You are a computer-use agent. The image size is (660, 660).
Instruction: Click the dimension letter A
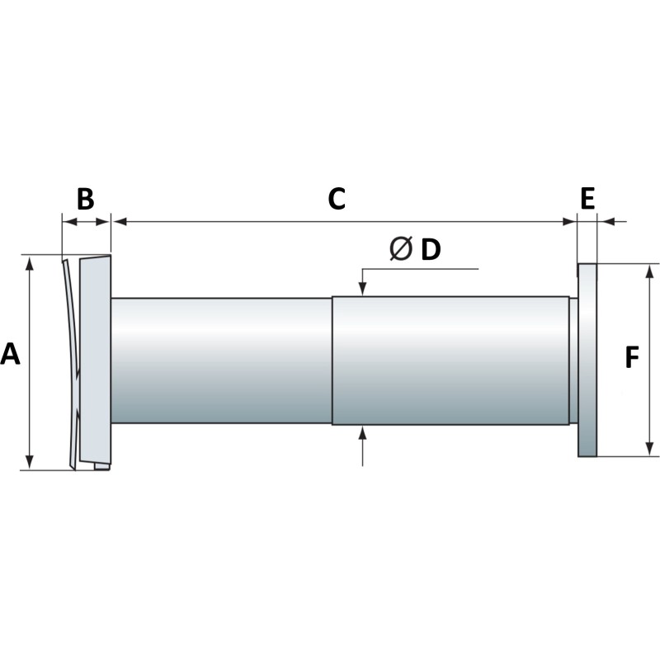point(11,354)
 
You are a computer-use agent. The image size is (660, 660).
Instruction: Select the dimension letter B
point(86,200)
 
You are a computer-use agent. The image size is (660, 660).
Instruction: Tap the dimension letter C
point(336,200)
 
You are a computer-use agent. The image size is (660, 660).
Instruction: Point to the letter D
point(431,249)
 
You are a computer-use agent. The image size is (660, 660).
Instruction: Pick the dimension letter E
point(587,199)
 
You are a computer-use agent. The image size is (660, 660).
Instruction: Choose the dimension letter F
point(632,358)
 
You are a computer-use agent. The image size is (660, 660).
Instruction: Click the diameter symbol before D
point(400,249)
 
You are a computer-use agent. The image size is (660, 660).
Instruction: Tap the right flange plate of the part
point(587,360)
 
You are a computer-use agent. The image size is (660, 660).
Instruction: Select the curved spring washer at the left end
point(71,363)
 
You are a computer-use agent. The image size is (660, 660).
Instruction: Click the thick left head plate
point(96,360)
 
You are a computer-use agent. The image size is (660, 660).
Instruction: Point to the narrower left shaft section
point(221,360)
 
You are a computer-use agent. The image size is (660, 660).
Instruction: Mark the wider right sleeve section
point(450,360)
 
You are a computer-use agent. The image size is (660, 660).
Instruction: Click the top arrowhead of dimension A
point(31,263)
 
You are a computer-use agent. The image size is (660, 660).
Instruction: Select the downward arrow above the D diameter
point(362,288)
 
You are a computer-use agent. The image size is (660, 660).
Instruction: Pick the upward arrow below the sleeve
point(362,432)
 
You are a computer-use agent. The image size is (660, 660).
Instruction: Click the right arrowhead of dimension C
point(568,221)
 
